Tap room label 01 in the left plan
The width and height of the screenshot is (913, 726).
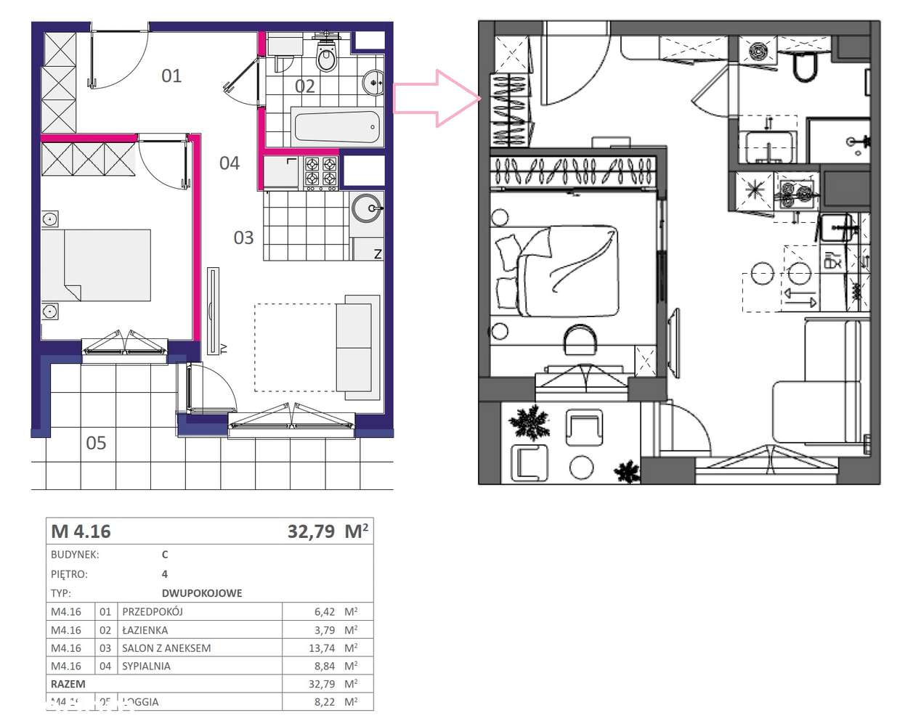pyautogui.click(x=171, y=76)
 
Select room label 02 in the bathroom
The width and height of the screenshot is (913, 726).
pyautogui.click(x=305, y=86)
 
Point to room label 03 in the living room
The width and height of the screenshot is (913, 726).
pyautogui.click(x=243, y=237)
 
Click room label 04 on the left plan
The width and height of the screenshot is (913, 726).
pyautogui.click(x=230, y=163)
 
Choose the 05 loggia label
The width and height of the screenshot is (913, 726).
pyautogui.click(x=96, y=443)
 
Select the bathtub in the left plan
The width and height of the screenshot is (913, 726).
pyautogui.click(x=336, y=128)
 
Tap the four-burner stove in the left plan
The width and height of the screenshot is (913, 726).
pyautogui.click(x=320, y=172)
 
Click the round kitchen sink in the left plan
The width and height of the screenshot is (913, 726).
pyautogui.click(x=367, y=208)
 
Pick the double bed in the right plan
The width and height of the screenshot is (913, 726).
pyautogui.click(x=558, y=270)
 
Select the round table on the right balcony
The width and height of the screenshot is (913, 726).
pyautogui.click(x=581, y=467)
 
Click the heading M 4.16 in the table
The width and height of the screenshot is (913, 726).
pyautogui.click(x=81, y=531)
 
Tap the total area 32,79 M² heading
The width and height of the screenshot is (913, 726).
pyautogui.click(x=328, y=531)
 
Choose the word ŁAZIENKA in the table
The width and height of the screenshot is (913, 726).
pyautogui.click(x=145, y=630)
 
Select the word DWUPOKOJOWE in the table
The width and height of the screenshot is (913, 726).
pyautogui.click(x=202, y=593)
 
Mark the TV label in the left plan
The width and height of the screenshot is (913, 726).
pyautogui.click(x=224, y=348)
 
